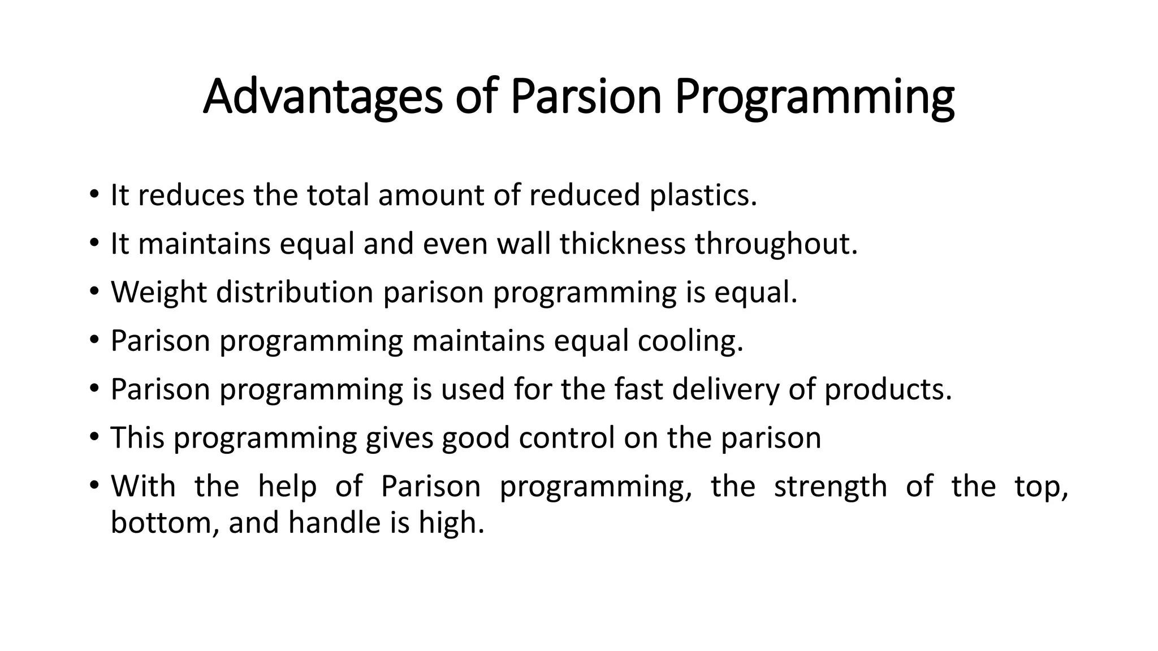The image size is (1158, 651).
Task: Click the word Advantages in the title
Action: (x=323, y=97)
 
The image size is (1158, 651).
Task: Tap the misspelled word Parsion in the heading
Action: (x=586, y=97)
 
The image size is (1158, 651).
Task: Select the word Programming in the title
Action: (x=815, y=97)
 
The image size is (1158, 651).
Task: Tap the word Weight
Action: (x=159, y=292)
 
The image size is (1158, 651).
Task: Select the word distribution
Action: (x=295, y=292)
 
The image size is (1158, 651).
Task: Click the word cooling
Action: (x=690, y=341)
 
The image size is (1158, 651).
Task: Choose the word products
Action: (x=888, y=389)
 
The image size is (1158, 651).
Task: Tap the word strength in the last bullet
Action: (x=831, y=487)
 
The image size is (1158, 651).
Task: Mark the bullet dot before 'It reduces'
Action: (x=94, y=195)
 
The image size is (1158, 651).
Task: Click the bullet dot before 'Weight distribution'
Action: (x=94, y=292)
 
